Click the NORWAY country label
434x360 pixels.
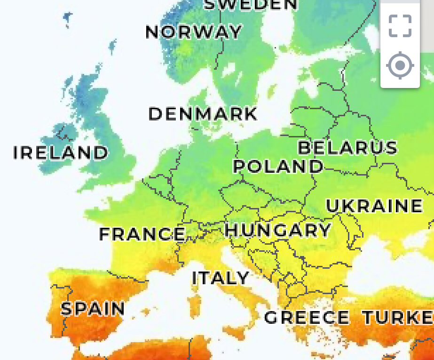193,32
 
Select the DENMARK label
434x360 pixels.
203,114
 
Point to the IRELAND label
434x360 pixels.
60,152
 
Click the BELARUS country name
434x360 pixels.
347,147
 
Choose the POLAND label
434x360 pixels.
278,166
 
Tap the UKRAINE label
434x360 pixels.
374,206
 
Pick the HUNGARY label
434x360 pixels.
277,230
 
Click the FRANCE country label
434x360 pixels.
142,234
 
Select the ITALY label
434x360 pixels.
220,278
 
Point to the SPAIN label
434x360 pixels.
93,309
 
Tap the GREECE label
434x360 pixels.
307,318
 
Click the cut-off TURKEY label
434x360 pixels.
397,318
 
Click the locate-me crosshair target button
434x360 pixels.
400,65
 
